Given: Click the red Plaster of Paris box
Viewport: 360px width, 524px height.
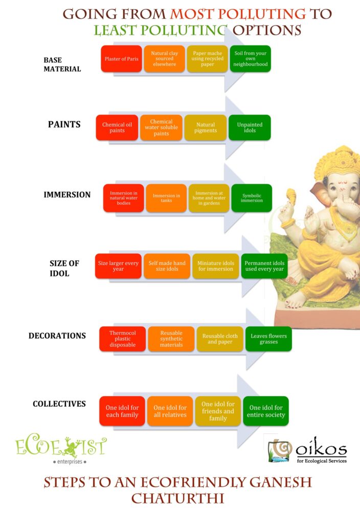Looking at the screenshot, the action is [122, 59].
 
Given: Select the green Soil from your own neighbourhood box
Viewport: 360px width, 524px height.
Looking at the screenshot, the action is [251, 59].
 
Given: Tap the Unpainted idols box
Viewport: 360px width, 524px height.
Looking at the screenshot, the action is [250, 127].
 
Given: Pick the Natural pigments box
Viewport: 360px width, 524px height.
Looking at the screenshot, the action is [206, 127].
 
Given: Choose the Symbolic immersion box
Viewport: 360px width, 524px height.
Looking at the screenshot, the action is [252, 198].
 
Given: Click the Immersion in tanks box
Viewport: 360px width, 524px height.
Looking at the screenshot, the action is [166, 198].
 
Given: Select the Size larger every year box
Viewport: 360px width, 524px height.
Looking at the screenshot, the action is [118, 266].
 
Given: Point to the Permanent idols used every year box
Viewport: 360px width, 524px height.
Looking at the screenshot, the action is [264, 266].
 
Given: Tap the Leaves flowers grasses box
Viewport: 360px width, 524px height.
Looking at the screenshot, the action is [269, 339].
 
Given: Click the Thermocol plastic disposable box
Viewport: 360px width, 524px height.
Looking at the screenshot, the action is [123, 339].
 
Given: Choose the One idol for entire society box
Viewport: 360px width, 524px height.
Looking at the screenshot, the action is [266, 411].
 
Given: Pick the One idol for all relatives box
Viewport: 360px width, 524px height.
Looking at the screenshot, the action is [170, 411].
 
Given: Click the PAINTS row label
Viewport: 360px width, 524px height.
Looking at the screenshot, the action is [64, 124].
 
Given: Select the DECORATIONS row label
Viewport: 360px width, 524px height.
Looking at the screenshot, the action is [57, 336].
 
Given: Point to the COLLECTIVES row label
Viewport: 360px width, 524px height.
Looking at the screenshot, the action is [59, 404].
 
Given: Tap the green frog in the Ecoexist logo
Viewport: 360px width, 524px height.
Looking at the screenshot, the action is [71, 447].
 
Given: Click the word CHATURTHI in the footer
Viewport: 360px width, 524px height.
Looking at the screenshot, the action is [177, 498].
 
